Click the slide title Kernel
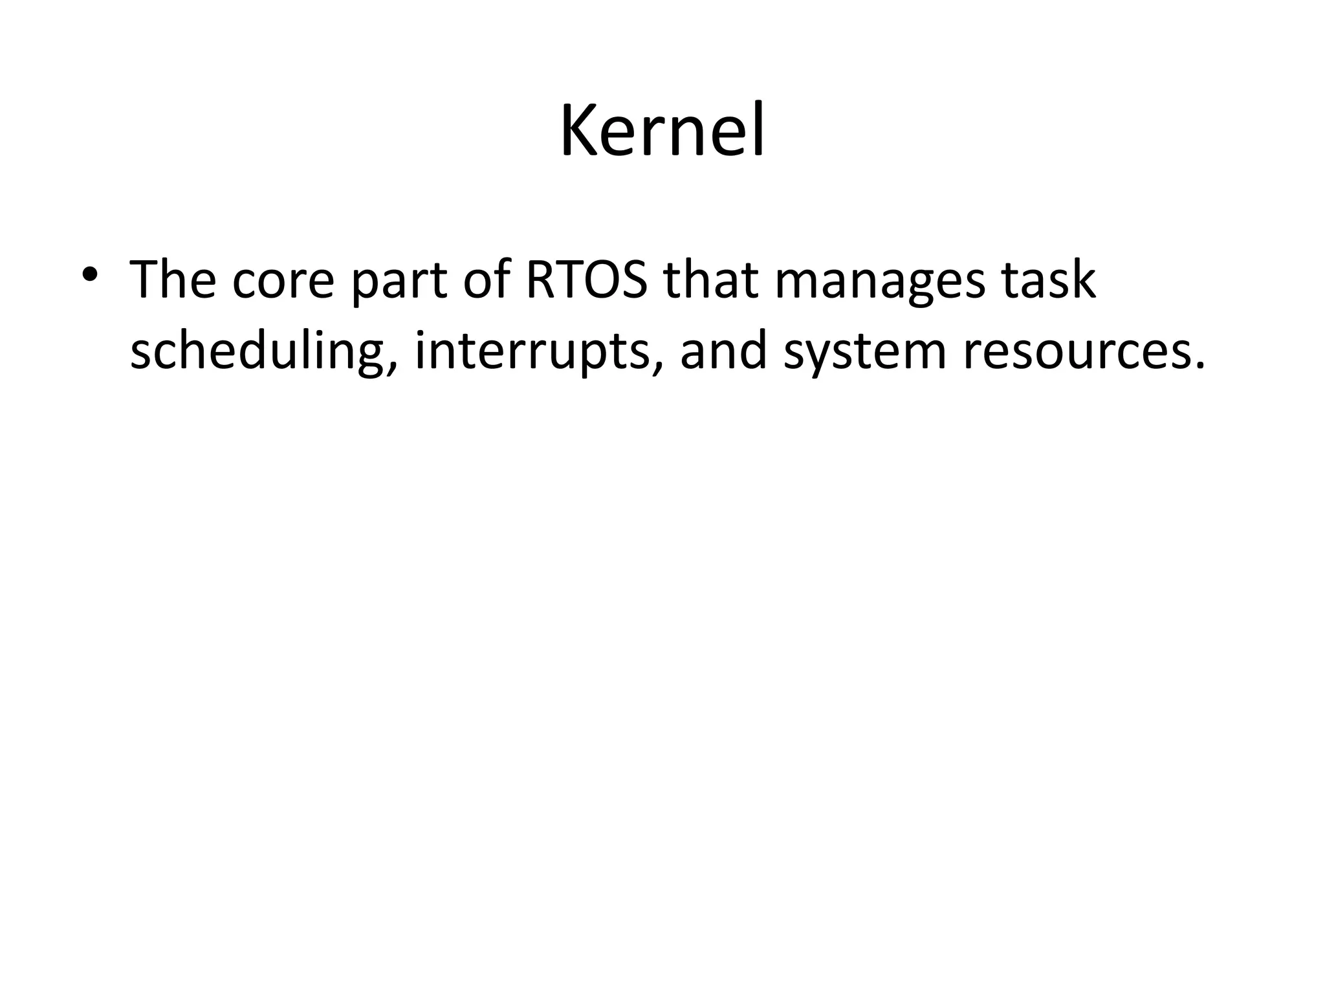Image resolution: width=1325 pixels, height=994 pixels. pos(662,131)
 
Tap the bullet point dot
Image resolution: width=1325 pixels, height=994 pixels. pos(90,272)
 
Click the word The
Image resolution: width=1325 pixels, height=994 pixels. pos(173,280)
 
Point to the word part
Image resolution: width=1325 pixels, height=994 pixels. pos(399,283)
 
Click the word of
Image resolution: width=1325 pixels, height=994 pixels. pos(488,280)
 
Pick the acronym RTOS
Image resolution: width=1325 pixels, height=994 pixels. pos(586,280)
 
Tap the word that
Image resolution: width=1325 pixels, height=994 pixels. pos(711,280)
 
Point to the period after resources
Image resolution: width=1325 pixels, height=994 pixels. pos(1200,367)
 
